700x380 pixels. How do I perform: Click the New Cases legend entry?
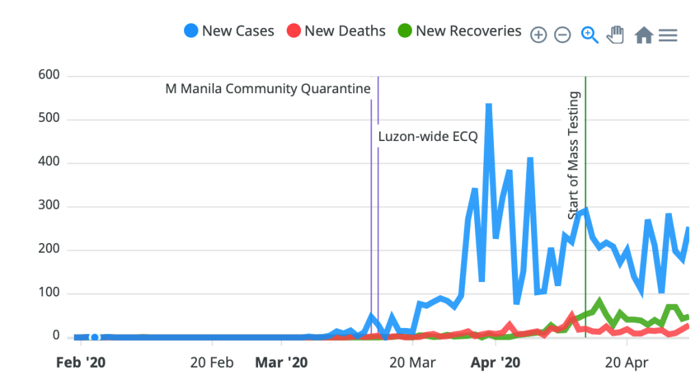click(x=229, y=31)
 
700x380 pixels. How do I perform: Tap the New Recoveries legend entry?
click(x=459, y=31)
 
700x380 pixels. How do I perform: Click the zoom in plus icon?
click(x=539, y=35)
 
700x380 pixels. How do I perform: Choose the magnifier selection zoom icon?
click(x=589, y=34)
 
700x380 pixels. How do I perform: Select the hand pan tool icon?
click(x=616, y=34)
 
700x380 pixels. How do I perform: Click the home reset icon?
click(x=643, y=35)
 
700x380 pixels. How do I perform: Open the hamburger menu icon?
click(x=668, y=35)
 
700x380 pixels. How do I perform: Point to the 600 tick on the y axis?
click(x=49, y=75)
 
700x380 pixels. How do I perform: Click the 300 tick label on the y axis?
click(x=49, y=206)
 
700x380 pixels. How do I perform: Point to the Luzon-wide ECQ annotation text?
click(x=428, y=136)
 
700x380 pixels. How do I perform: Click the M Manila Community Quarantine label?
click(x=268, y=89)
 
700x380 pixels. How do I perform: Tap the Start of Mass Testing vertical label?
click(x=574, y=155)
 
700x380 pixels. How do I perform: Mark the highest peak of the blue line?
click(x=489, y=105)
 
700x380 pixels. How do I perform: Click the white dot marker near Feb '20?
click(x=94, y=337)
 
